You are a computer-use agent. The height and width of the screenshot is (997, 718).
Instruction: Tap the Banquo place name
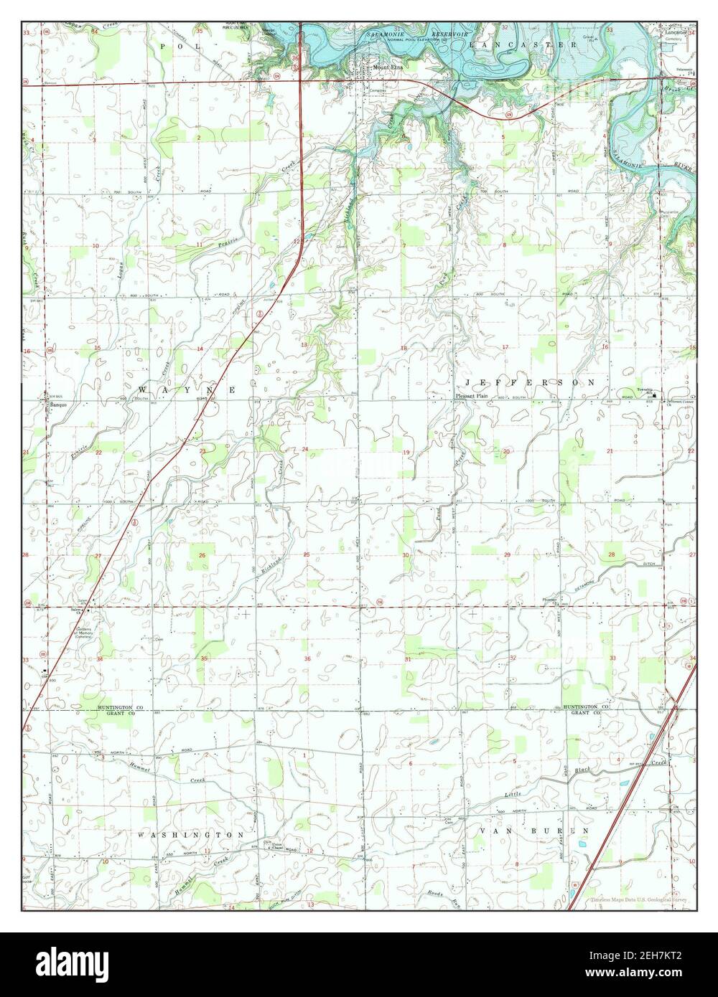pos(57,406)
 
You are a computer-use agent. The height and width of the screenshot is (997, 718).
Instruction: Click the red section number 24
pos(305,450)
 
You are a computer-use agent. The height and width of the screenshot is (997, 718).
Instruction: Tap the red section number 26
pos(202,555)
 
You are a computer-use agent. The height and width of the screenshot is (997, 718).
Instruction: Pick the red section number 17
pos(505,347)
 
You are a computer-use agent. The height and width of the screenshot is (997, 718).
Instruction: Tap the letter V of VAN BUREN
pos(482,830)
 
